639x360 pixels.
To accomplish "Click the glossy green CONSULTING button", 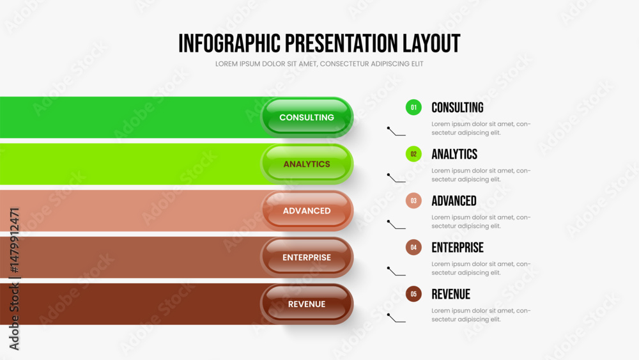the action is pyautogui.click(x=307, y=118).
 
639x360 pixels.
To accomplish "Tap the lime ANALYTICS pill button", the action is pyautogui.click(x=307, y=164).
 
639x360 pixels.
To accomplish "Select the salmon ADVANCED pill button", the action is pyautogui.click(x=307, y=211).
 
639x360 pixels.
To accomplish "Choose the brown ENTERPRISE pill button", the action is pyautogui.click(x=307, y=257).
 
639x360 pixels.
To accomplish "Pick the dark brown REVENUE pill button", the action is pyautogui.click(x=307, y=304).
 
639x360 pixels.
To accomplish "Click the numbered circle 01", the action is pyautogui.click(x=413, y=107).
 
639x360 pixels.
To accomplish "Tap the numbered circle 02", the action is pyautogui.click(x=413, y=154).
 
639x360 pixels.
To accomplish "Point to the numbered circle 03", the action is pyautogui.click(x=413, y=201).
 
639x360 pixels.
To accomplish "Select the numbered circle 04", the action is pyautogui.click(x=413, y=247).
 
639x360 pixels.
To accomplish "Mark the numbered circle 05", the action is pyautogui.click(x=413, y=294).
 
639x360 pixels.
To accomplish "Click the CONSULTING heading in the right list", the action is pyautogui.click(x=458, y=107).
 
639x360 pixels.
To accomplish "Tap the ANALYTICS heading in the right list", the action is pyautogui.click(x=454, y=154).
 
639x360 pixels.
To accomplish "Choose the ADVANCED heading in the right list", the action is pyautogui.click(x=454, y=201).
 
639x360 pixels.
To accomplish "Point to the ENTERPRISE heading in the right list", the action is pyautogui.click(x=458, y=247).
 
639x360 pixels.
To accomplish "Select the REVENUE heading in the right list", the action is pyautogui.click(x=451, y=294).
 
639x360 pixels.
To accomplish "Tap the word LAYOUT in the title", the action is pyautogui.click(x=431, y=43).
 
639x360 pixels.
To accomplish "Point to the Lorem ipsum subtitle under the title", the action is pyautogui.click(x=319, y=64).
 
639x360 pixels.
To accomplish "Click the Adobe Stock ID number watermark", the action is pyautogui.click(x=14, y=240).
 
